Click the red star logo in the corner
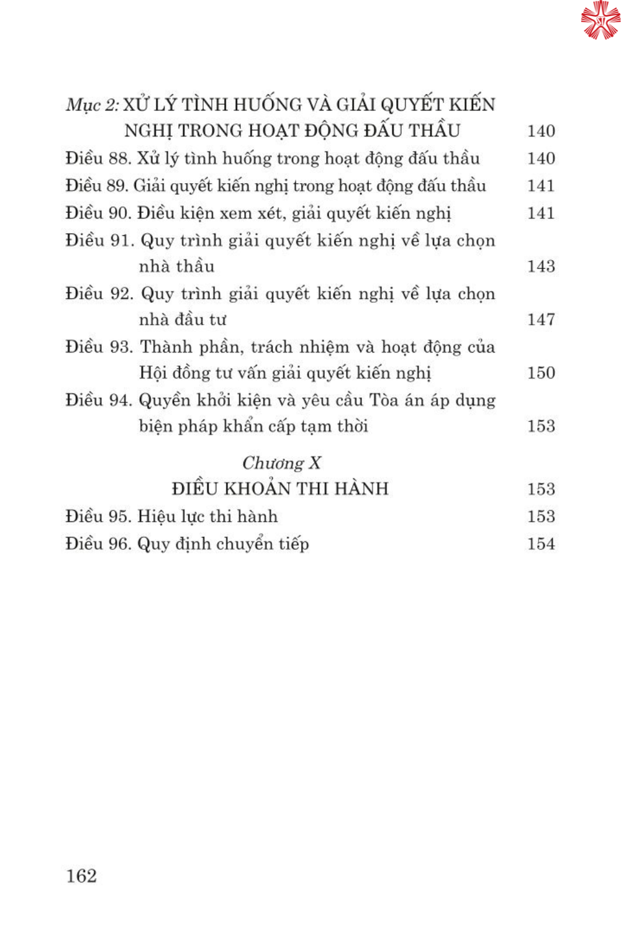tap(600, 20)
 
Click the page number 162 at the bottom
tap(81, 876)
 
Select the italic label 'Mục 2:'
tap(93, 105)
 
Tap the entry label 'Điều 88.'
tap(98, 159)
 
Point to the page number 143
tap(541, 266)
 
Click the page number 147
tap(541, 320)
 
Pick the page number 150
tap(541, 373)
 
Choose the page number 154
tap(541, 544)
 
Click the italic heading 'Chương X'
tap(281, 463)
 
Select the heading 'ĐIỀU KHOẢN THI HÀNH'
tap(280, 489)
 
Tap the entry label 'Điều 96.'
tap(98, 544)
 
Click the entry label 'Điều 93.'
tap(99, 347)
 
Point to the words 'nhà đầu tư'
tap(182, 320)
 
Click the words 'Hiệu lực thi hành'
tap(207, 516)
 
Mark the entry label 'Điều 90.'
tap(98, 214)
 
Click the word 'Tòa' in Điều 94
tap(384, 400)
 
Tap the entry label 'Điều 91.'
tap(99, 240)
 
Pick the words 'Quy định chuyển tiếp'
tap(223, 544)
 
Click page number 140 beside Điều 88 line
tap(541, 159)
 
